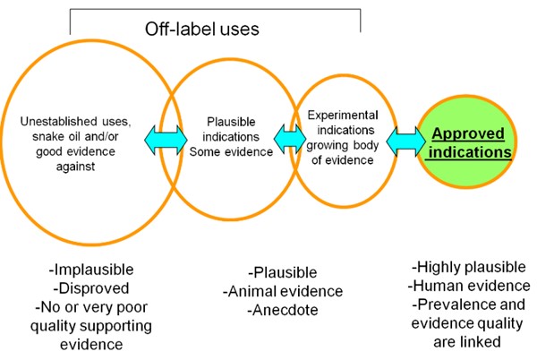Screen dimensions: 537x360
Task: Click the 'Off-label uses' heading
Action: (x=201, y=29)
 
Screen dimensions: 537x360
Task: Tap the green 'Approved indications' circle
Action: (x=466, y=141)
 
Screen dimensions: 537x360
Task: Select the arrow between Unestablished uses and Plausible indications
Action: (x=166, y=140)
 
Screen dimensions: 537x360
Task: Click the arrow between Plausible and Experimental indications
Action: (x=290, y=139)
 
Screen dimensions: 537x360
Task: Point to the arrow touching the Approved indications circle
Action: (x=405, y=141)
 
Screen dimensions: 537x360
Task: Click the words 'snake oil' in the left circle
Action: (x=57, y=136)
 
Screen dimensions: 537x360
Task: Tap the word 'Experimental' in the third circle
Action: (x=343, y=116)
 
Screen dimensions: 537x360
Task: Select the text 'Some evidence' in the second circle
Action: (x=231, y=151)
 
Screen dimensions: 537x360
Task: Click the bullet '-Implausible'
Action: (x=91, y=270)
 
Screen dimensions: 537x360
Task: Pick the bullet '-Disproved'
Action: (x=91, y=288)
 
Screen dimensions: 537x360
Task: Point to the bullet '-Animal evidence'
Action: (x=283, y=292)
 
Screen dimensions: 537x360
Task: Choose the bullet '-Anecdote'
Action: (x=283, y=310)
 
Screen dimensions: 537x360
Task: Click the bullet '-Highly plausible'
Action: (x=468, y=267)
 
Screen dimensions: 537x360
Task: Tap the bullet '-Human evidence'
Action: (x=469, y=286)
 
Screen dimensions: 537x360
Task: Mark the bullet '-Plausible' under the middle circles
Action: (x=283, y=272)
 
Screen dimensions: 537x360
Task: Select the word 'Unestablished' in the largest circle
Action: (x=54, y=121)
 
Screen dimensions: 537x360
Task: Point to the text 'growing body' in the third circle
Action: (x=343, y=145)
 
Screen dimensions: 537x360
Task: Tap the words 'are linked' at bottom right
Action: (x=467, y=342)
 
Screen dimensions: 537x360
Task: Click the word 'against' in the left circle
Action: (x=75, y=167)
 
